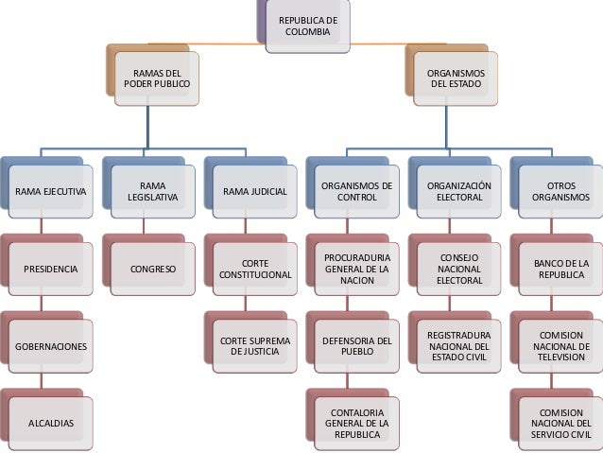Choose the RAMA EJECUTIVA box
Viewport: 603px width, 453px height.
click(51, 192)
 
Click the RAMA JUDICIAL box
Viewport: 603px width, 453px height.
click(254, 192)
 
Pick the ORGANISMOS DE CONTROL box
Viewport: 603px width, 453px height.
click(356, 192)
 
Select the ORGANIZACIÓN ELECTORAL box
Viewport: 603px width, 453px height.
click(458, 192)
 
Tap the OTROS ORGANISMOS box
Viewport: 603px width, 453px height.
click(560, 192)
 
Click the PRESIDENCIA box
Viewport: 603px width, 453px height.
click(51, 270)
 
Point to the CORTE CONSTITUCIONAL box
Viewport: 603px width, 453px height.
click(254, 270)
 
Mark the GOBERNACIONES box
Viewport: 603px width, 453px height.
click(51, 347)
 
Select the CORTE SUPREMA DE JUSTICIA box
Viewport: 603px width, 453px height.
click(254, 347)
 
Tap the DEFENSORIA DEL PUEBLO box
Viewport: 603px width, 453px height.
click(356, 347)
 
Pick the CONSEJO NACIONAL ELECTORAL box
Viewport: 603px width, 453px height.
click(458, 270)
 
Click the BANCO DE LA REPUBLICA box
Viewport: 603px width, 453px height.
click(560, 270)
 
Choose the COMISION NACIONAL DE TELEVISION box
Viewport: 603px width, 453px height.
click(560, 347)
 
